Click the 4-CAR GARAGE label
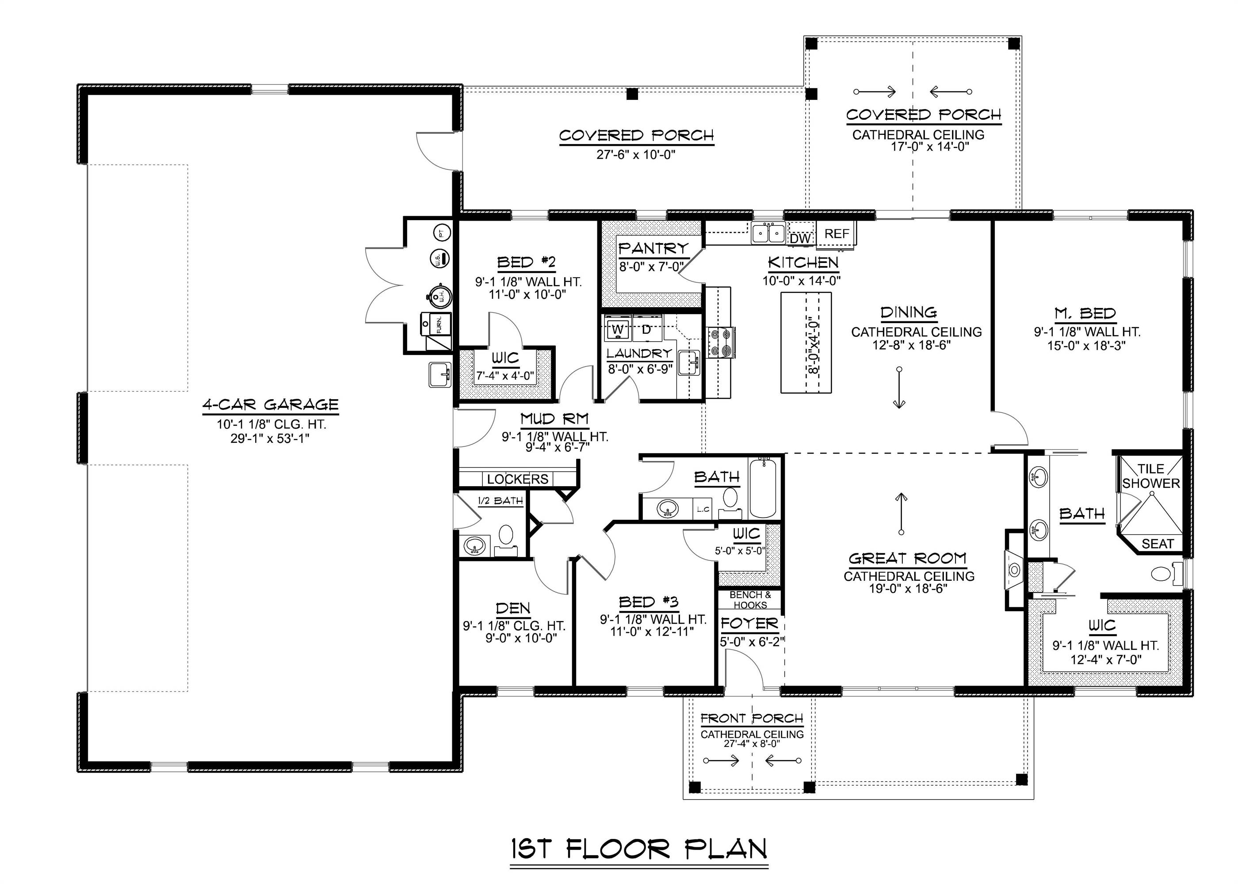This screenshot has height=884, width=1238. pos(271,405)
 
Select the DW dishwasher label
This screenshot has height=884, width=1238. pos(800,238)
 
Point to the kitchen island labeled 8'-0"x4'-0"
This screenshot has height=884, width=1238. pos(806,343)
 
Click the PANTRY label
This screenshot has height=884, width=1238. pos(653,248)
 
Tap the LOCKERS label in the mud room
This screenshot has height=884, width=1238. pos(517,479)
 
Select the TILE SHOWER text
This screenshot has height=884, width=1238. pos(1150,476)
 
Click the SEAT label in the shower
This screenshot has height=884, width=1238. pos(1157,544)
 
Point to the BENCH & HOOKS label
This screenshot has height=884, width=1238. pos(750,600)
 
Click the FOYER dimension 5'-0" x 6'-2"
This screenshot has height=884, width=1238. pos(752,642)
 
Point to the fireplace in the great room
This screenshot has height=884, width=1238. pos(1014,570)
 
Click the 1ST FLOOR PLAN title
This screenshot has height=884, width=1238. pos(639,849)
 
